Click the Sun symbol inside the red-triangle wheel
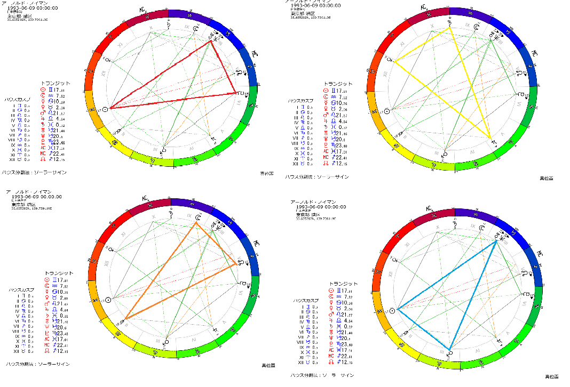(x=106, y=109)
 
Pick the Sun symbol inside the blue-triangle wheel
(x=392, y=310)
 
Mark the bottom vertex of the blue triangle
(x=449, y=350)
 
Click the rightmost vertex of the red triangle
(x=236, y=93)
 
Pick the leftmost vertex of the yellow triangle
(x=394, y=60)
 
